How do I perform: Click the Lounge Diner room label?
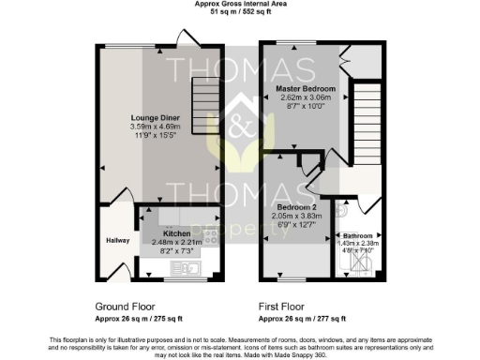[149, 118]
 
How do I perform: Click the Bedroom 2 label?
[295, 206]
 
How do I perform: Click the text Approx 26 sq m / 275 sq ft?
[140, 319]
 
